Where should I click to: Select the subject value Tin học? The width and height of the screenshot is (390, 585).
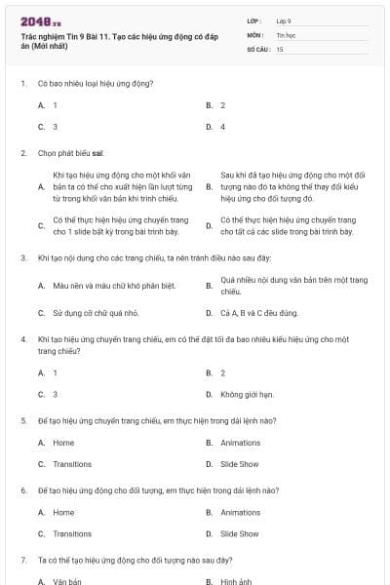click(286, 34)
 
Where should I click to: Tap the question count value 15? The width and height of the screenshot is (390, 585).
click(280, 48)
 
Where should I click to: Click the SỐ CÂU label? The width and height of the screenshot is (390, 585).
click(257, 48)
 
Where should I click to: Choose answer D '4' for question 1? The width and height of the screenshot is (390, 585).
click(222, 127)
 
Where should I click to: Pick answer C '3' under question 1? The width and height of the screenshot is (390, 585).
click(55, 127)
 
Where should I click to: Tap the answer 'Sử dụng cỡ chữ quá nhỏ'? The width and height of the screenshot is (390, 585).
click(96, 313)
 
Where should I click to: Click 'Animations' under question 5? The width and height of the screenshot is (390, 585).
click(240, 443)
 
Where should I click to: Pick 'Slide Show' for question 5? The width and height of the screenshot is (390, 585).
click(239, 464)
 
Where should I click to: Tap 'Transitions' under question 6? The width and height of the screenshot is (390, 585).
click(72, 533)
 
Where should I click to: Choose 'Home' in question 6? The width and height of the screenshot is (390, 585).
click(63, 512)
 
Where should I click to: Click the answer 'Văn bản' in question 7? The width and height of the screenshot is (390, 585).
click(67, 581)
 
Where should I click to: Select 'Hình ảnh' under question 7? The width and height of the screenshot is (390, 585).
click(236, 581)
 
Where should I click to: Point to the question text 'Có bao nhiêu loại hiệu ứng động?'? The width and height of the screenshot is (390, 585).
click(96, 83)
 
